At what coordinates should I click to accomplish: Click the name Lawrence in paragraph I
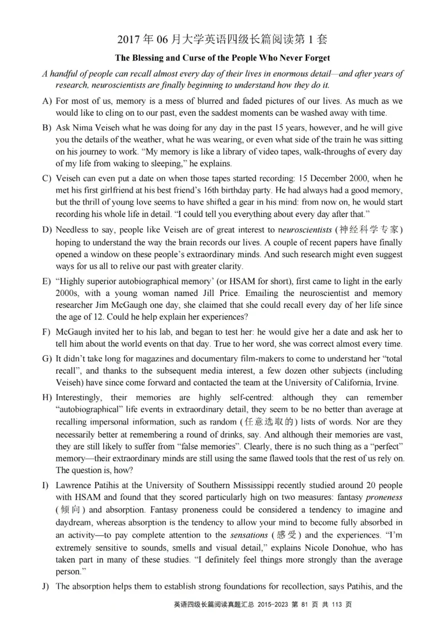pyautogui.click(x=74, y=486)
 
